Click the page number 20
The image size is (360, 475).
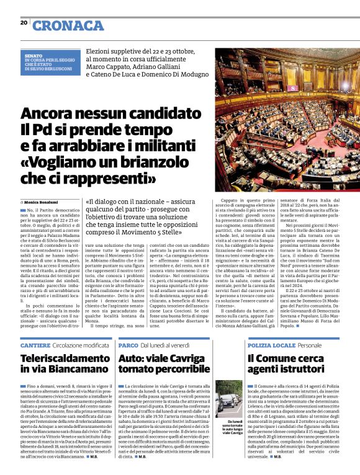[24, 23]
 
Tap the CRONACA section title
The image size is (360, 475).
[68, 25]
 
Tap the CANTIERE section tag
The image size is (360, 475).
[35, 344]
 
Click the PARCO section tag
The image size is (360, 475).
[128, 344]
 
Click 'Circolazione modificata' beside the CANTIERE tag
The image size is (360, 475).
[80, 344]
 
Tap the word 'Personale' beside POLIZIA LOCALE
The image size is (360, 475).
[310, 344]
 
